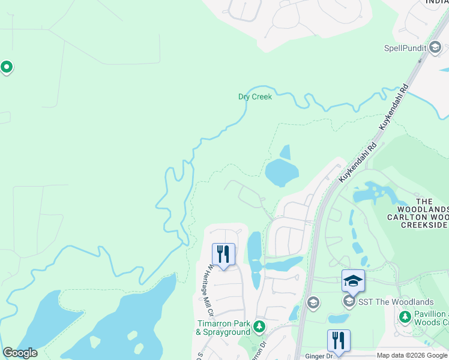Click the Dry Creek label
(x=255, y=97)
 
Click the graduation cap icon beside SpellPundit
(x=435, y=47)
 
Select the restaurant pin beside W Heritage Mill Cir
(x=223, y=254)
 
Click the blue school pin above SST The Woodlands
(x=353, y=281)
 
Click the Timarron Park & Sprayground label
(x=224, y=327)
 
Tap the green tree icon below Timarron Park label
(x=259, y=327)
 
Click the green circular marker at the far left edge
(x=7, y=67)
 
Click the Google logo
(x=20, y=353)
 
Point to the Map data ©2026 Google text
(x=412, y=356)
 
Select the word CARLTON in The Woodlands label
(x=407, y=217)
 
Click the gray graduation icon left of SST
(x=313, y=303)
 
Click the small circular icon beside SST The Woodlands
(x=348, y=300)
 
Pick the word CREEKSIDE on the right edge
(x=426, y=224)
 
